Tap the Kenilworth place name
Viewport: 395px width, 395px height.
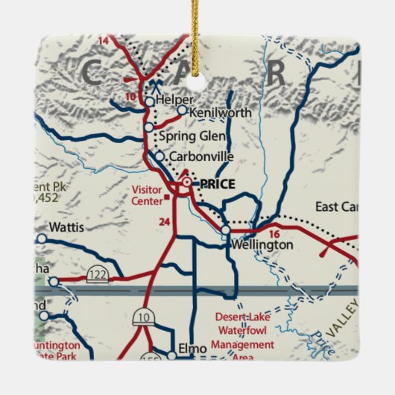click(x=220, y=113)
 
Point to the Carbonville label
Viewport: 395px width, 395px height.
click(x=201, y=157)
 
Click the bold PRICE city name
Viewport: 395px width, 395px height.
click(x=215, y=183)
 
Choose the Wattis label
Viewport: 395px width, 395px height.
click(x=66, y=227)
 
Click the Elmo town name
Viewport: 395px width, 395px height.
click(x=192, y=348)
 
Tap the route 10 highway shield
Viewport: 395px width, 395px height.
click(x=142, y=318)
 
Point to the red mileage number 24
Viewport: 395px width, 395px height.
click(x=165, y=221)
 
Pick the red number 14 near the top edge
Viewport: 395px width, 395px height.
click(x=103, y=39)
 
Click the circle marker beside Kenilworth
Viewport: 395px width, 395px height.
click(x=181, y=110)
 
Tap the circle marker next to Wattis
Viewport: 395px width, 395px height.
click(x=42, y=238)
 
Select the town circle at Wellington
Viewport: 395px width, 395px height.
click(x=225, y=231)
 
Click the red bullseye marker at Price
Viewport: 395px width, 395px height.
click(x=186, y=183)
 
